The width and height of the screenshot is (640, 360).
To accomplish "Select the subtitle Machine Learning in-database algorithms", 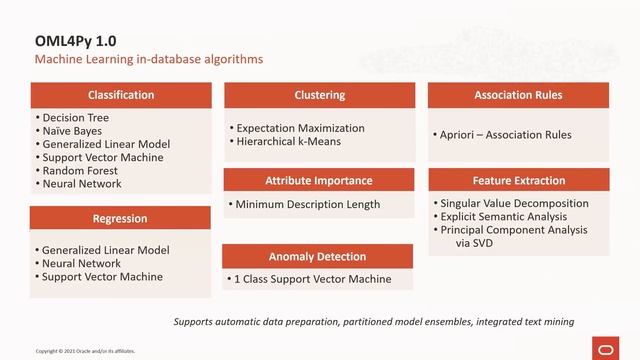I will (149, 60).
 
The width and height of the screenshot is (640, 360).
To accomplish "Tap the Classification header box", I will (121, 95).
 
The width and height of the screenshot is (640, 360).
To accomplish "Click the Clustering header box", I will (319, 95).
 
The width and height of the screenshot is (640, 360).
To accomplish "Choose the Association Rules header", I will (518, 95).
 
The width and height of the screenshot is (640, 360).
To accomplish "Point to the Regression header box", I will (120, 218).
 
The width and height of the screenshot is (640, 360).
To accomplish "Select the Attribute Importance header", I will (318, 180).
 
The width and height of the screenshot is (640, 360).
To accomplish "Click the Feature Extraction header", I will (518, 180).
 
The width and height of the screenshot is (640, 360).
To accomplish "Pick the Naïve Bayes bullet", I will (72, 131).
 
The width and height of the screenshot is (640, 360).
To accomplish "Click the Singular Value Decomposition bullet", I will (515, 203).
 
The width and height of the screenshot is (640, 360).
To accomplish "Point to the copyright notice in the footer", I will (85, 351).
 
